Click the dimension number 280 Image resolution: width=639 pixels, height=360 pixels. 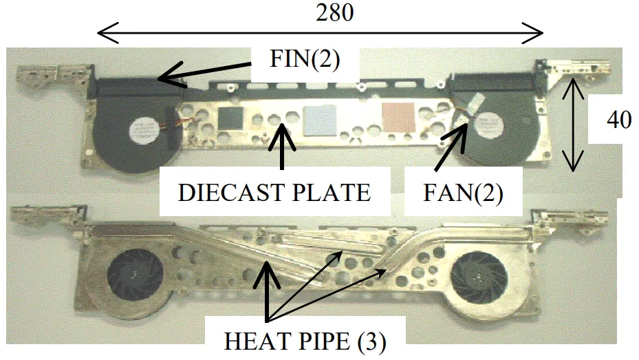tap(334, 12)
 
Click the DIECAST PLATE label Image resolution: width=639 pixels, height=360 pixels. tap(274, 192)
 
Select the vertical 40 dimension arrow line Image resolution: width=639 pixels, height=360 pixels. tap(570, 124)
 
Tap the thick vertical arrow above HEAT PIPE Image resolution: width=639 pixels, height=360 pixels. tap(268, 289)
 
